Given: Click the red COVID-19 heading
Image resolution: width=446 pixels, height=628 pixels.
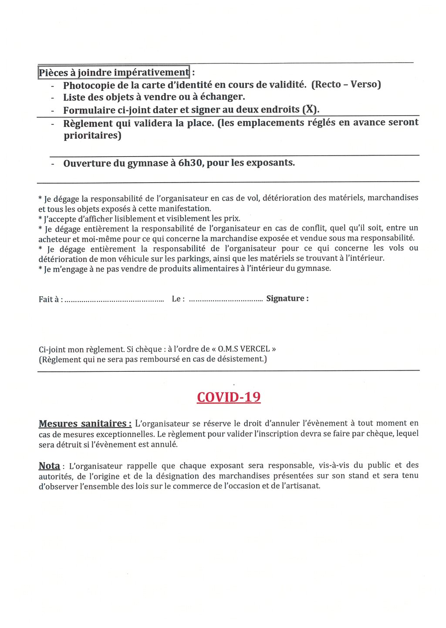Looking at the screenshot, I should click(x=229, y=397).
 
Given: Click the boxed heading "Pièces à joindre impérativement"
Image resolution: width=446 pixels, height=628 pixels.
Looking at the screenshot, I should click(x=114, y=72).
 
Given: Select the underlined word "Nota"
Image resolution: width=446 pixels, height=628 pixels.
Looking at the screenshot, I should click(x=49, y=466).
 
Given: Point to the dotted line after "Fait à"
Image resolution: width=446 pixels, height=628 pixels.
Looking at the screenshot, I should click(x=114, y=300).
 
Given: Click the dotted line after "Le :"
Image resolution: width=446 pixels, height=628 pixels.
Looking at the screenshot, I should click(x=226, y=300).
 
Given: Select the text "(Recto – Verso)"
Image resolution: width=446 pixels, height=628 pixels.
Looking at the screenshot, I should click(x=346, y=84).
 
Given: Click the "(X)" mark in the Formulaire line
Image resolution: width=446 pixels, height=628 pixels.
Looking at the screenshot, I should click(x=310, y=110).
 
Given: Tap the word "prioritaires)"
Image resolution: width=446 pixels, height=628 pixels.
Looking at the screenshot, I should click(x=92, y=136).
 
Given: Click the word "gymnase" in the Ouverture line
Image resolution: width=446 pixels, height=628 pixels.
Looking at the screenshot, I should click(x=147, y=164).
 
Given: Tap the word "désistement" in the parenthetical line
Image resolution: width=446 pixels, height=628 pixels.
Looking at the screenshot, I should click(x=241, y=359).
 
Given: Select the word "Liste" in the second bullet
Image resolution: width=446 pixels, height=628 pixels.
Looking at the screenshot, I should click(x=74, y=97).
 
